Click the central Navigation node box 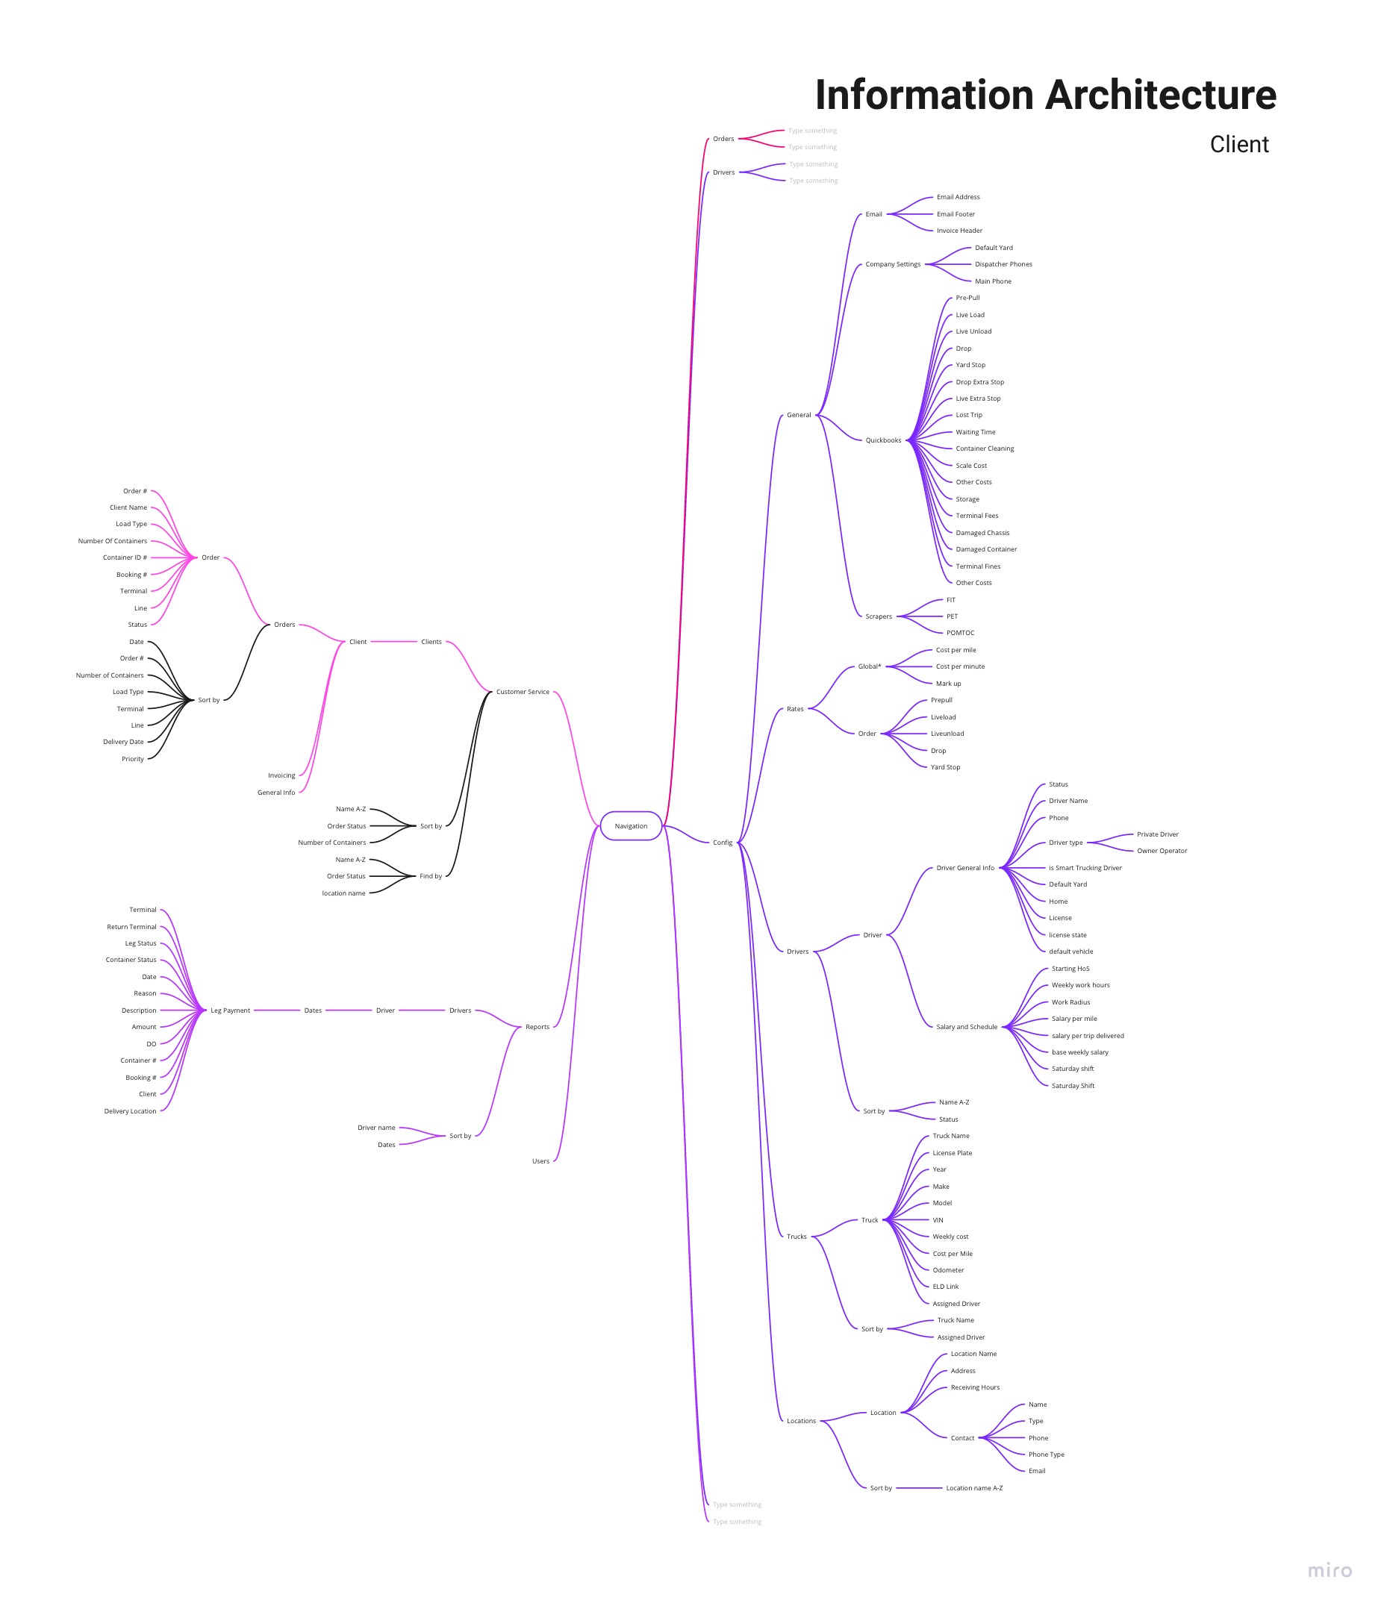tap(631, 826)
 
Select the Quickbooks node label tap(883, 440)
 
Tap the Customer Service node tap(523, 692)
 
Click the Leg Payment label tap(231, 1010)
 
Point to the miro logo tap(1330, 1570)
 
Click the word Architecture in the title tap(1160, 96)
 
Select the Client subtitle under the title tap(1238, 145)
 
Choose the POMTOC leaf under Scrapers tap(960, 633)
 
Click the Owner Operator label tap(1162, 851)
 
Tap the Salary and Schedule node tap(966, 1027)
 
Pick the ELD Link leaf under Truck tap(945, 1287)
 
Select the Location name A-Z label tap(974, 1488)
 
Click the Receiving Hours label tap(975, 1387)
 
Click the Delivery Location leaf tap(131, 1111)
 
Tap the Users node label tap(540, 1161)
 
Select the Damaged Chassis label tap(982, 533)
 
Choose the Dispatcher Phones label tap(1003, 264)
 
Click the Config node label tap(723, 843)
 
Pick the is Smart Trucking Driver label tap(1085, 868)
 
